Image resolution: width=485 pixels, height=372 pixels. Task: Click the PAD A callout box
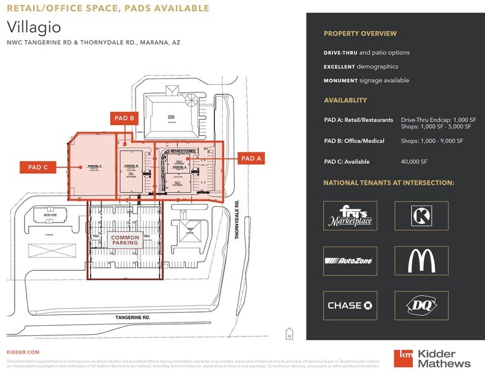coord(251,158)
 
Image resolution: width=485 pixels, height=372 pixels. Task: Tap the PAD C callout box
coord(37,167)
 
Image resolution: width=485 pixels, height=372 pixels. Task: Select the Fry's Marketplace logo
coord(350,216)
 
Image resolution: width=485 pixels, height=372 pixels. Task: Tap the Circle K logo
coord(421,216)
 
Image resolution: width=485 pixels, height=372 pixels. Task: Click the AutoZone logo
coord(350,261)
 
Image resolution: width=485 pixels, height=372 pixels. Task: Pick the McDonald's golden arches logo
coord(421,261)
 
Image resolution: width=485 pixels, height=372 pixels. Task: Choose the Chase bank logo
coord(350,306)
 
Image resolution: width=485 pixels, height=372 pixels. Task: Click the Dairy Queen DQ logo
coord(421,306)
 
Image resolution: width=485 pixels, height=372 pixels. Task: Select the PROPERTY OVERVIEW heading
coord(360,34)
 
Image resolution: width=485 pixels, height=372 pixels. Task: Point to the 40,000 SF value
coord(414,162)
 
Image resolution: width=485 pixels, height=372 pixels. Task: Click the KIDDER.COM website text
coord(23,352)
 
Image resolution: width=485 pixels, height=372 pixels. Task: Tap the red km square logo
coord(403,359)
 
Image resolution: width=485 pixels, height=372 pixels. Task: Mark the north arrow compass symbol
coord(289,333)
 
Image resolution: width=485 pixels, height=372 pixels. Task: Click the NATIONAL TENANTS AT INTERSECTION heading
coord(389,183)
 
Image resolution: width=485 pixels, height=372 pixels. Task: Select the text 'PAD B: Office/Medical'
coord(354,140)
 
